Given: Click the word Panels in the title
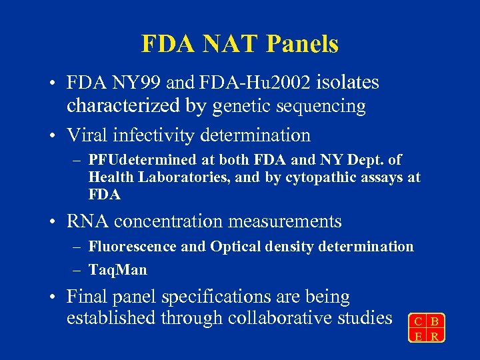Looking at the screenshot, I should point(303,44).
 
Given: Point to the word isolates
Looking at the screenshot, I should point(347,83).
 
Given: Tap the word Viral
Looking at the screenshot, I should point(89,135).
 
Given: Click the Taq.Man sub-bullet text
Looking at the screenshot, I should point(117,270).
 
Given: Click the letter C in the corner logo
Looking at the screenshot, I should point(417,322).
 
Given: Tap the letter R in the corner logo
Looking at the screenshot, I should point(435,336).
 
